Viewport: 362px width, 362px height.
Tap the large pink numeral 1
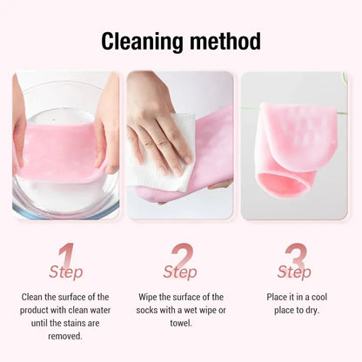click(x=67, y=257)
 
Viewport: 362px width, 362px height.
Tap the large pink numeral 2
click(x=181, y=257)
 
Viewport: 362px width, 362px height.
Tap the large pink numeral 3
click(x=295, y=257)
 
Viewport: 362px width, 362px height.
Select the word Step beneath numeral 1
click(x=66, y=272)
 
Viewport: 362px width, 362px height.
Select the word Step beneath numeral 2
click(x=180, y=272)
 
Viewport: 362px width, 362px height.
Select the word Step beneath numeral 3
click(x=294, y=272)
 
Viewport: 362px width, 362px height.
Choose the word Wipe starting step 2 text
click(x=148, y=297)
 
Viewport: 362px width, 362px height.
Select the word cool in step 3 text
click(x=316, y=297)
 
